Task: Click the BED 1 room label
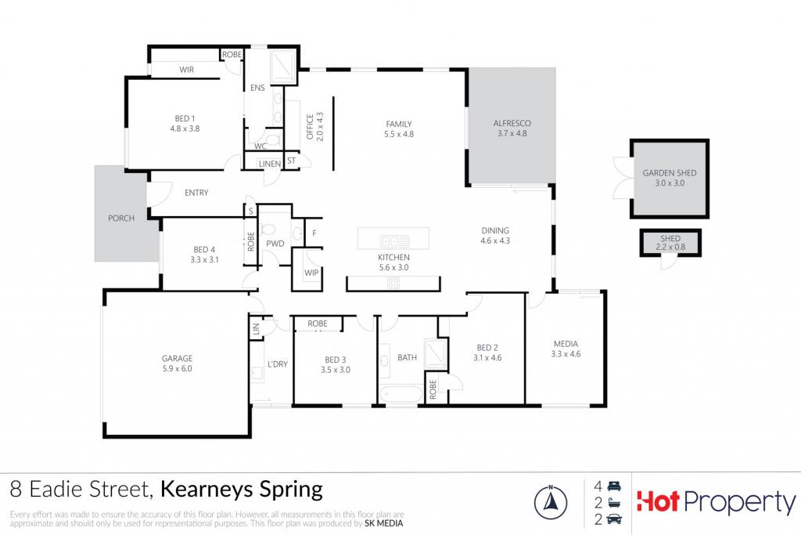pyautogui.click(x=185, y=118)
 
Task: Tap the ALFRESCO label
pyautogui.click(x=512, y=123)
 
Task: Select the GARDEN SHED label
pyautogui.click(x=670, y=173)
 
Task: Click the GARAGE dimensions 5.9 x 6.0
pyautogui.click(x=178, y=368)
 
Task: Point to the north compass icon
pyautogui.click(x=550, y=502)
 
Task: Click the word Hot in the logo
pyautogui.click(x=658, y=501)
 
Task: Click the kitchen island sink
pyautogui.click(x=394, y=241)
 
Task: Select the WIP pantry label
pyautogui.click(x=311, y=273)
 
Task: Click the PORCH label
pyautogui.click(x=121, y=218)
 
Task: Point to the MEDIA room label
pyautogui.click(x=566, y=344)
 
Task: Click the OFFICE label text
pyautogui.click(x=310, y=127)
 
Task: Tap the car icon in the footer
pyautogui.click(x=613, y=519)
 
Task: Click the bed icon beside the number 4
pyautogui.click(x=614, y=486)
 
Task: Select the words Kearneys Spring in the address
pyautogui.click(x=242, y=490)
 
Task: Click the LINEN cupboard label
pyautogui.click(x=270, y=164)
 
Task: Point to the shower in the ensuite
pyautogui.click(x=282, y=66)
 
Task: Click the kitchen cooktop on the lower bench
pyautogui.click(x=393, y=282)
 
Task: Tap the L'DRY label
pyautogui.click(x=278, y=364)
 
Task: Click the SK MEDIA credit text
pyautogui.click(x=383, y=523)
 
